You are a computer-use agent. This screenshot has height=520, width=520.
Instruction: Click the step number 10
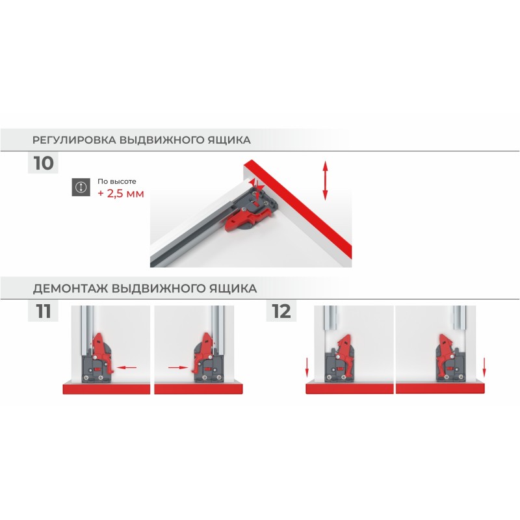click(x=44, y=163)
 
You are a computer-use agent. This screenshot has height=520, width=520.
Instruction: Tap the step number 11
click(x=44, y=311)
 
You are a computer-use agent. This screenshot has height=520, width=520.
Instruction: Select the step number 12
click(x=281, y=311)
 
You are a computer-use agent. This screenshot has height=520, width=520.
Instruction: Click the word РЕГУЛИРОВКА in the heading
click(x=74, y=140)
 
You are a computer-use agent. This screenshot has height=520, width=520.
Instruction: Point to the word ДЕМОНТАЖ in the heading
click(x=70, y=288)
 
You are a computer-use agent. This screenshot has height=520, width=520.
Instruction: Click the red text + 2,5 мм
click(x=121, y=193)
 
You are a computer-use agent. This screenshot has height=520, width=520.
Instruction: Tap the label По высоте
click(x=117, y=181)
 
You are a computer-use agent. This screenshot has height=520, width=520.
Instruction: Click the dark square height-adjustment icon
click(x=81, y=187)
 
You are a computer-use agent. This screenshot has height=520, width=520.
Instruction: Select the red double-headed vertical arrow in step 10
click(x=326, y=181)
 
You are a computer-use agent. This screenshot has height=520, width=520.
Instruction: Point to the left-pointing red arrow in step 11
click(x=127, y=367)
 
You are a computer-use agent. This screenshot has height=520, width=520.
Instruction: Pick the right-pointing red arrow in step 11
click(x=178, y=367)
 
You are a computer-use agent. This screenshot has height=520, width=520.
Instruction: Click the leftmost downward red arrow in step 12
click(x=307, y=367)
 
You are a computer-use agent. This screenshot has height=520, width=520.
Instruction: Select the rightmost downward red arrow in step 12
click(x=484, y=367)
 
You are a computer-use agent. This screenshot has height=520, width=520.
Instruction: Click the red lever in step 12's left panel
click(x=345, y=356)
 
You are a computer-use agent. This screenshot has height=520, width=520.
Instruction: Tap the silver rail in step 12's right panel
click(x=460, y=318)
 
